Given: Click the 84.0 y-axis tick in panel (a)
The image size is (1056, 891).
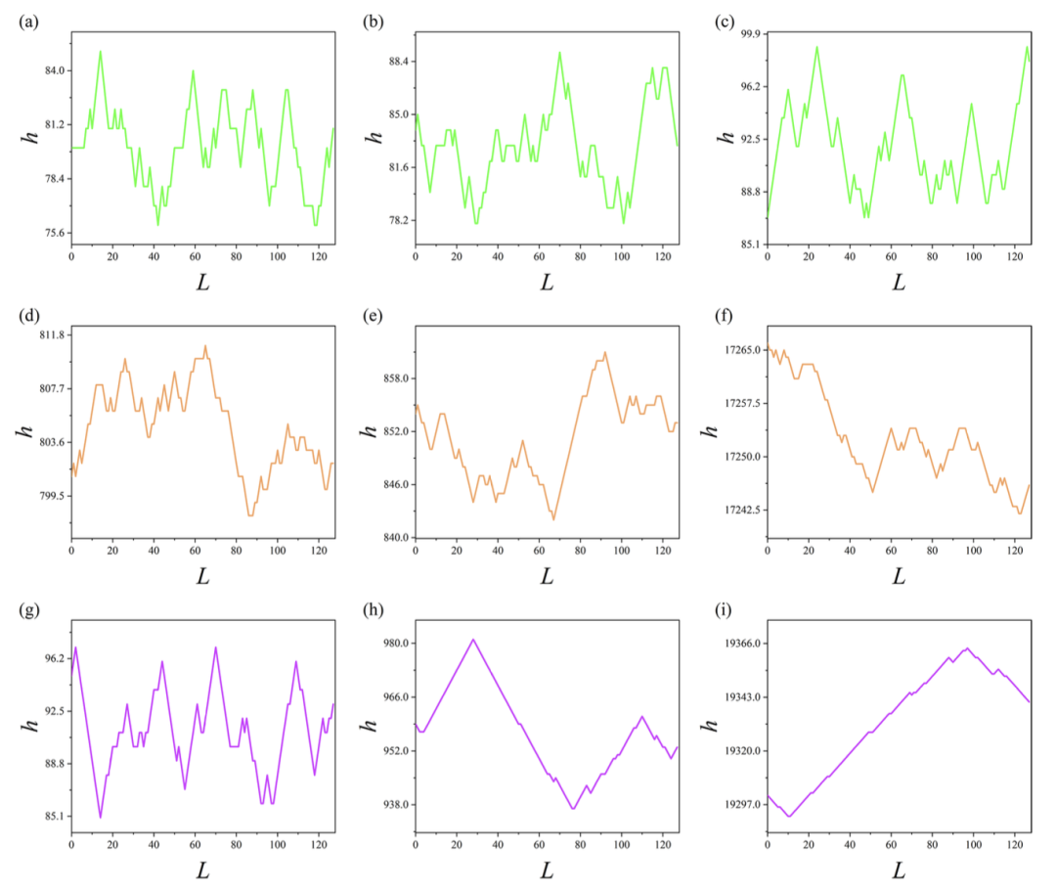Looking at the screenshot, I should pyautogui.click(x=51, y=70).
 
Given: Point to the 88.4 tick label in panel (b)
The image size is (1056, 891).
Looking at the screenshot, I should pyautogui.click(x=395, y=62).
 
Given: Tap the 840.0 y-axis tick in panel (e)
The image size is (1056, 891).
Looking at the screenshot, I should pyautogui.click(x=392, y=538).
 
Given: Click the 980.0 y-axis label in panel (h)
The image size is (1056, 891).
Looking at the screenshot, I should pyautogui.click(x=392, y=644).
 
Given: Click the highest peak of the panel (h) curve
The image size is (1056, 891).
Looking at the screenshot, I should pyautogui.click(x=473, y=640).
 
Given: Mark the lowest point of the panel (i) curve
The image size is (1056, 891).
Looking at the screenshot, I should pyautogui.click(x=789, y=816).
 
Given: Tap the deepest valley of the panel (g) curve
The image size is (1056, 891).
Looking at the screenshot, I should pyautogui.click(x=100, y=818).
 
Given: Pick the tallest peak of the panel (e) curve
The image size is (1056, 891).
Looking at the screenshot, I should pyautogui.click(x=605, y=352).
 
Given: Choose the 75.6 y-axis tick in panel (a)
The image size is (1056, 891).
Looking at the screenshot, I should pyautogui.click(x=51, y=233).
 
